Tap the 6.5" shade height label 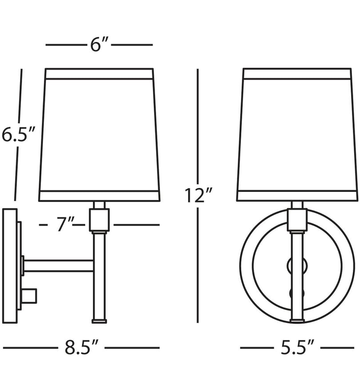(18, 135)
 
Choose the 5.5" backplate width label (297, 347)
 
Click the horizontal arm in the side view (59, 266)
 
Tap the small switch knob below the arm (29, 296)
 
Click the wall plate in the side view (10, 266)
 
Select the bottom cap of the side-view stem (99, 321)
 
